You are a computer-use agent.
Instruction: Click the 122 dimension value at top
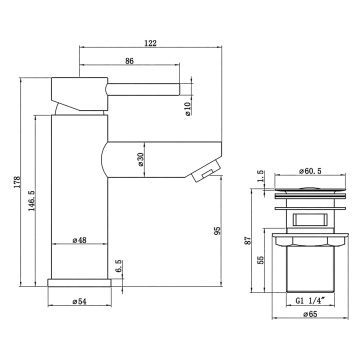click(x=151, y=43)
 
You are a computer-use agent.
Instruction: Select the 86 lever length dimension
click(x=129, y=61)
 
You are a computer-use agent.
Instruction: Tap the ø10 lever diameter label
click(x=188, y=109)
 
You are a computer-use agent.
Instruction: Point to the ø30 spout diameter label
click(x=140, y=159)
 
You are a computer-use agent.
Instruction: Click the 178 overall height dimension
click(x=17, y=182)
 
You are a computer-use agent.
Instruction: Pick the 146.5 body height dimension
click(x=32, y=201)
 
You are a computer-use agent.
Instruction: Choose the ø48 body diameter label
click(x=80, y=240)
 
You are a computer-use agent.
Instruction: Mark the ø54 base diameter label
click(x=80, y=301)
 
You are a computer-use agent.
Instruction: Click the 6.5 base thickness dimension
click(x=120, y=267)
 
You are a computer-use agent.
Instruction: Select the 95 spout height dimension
click(x=217, y=231)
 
